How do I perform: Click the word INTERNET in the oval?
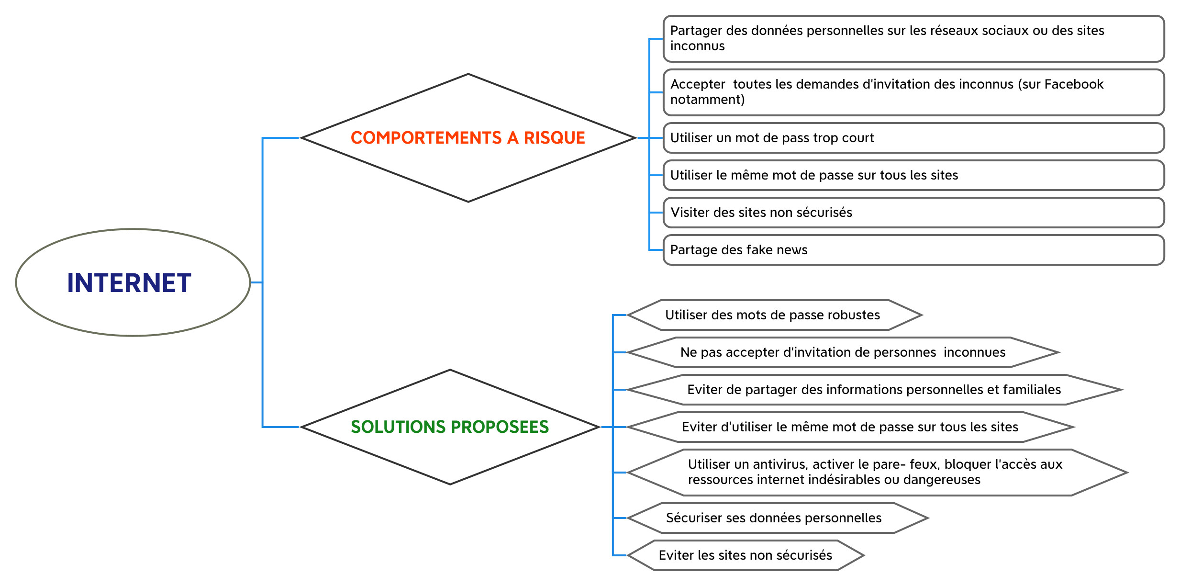129,282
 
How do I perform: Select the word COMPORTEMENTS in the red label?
426,138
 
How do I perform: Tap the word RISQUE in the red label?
554,138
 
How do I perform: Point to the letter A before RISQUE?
512,138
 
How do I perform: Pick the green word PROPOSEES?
500,427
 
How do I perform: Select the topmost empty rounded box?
913,39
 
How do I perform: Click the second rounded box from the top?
913,92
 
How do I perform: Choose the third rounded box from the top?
913,138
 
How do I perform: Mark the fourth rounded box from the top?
913,175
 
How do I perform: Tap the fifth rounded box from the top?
913,213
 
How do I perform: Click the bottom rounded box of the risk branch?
913,250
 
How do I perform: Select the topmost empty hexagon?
775,315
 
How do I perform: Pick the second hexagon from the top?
843,352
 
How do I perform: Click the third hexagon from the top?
874,390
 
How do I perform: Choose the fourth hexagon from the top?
851,427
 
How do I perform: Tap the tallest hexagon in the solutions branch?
878,473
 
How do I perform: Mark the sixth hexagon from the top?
778,518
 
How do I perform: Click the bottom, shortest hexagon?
746,555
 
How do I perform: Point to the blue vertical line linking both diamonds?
263,335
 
